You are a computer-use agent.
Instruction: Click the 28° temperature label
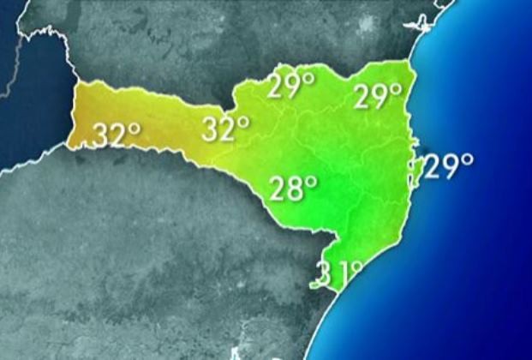(x=293, y=188)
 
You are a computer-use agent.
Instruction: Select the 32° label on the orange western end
(x=116, y=135)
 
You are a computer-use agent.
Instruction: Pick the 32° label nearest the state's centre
(x=225, y=129)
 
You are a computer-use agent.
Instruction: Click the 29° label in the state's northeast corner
(x=378, y=97)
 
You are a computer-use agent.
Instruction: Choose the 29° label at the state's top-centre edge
(x=290, y=87)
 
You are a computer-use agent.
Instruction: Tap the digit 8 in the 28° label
(x=296, y=189)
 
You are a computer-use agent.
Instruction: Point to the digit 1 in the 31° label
(x=342, y=275)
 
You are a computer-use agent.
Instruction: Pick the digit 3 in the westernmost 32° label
(x=103, y=135)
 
